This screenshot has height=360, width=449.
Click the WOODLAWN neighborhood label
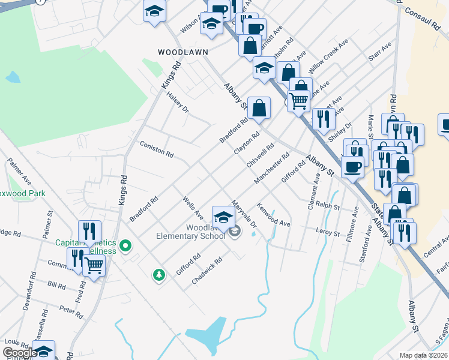178,52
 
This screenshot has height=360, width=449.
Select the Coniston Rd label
156,149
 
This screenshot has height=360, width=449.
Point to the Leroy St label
327,230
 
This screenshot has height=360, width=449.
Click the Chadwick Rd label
207,271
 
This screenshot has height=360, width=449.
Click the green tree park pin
159,275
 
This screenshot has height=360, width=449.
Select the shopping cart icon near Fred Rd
94,265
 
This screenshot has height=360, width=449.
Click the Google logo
20,353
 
